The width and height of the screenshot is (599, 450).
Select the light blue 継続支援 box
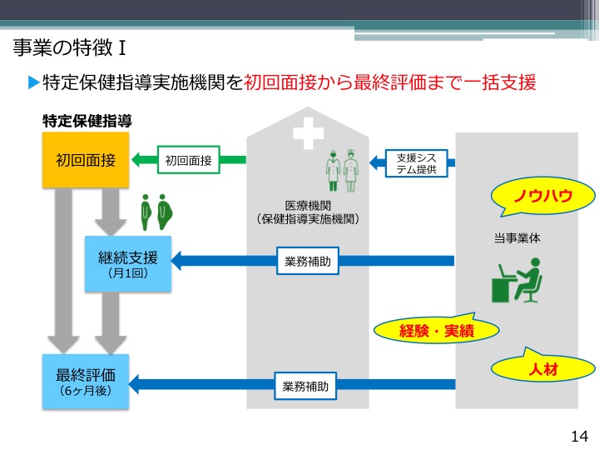point(128,262)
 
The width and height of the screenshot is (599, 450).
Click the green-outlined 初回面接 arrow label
point(187,159)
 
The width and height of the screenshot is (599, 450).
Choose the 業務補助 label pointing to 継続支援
point(308,261)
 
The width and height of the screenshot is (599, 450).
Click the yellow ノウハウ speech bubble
point(542,197)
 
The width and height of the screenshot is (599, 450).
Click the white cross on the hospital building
point(307,132)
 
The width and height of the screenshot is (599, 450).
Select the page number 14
point(580,436)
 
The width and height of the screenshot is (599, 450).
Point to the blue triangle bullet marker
point(33,82)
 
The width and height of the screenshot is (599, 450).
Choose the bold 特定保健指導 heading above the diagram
point(87,121)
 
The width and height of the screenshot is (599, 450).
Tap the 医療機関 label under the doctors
point(308,206)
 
